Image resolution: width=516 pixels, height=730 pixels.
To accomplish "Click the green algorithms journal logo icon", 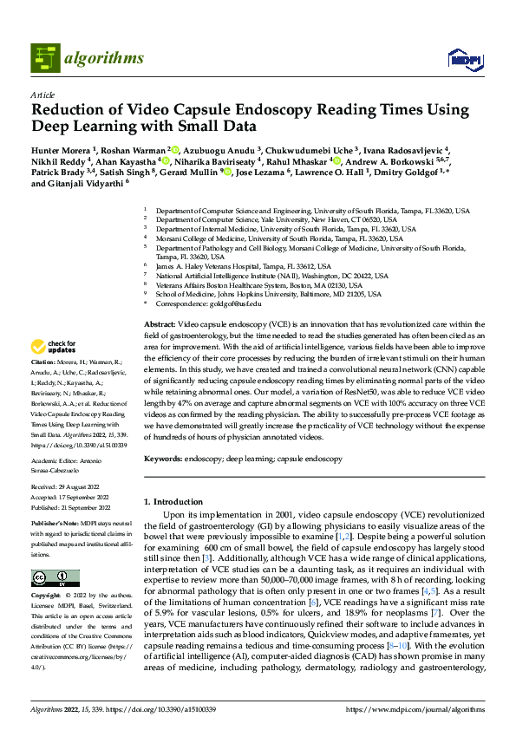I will click(45, 58).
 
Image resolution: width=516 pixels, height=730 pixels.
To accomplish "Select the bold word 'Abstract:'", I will click(159, 323).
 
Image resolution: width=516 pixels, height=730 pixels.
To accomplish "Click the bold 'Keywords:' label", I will click(162, 458).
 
